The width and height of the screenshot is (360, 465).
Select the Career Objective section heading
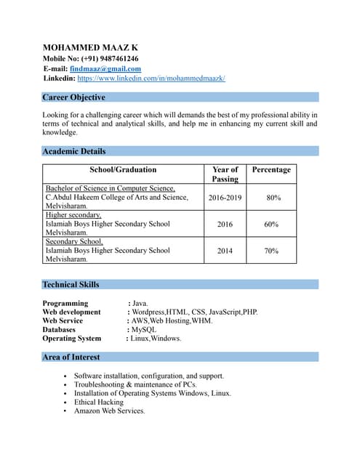pos(73,97)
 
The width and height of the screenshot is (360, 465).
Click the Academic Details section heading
pos(73,151)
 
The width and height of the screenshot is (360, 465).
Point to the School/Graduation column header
pos(122,170)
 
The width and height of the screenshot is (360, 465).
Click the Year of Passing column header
pos(225,174)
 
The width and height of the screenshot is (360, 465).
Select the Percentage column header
pos(271,170)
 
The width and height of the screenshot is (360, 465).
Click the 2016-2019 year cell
pos(225,198)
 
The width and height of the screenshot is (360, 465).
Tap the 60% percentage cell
pos(271,225)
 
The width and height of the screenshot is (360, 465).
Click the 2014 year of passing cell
pos(225,251)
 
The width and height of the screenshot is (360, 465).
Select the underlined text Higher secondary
pos(73,216)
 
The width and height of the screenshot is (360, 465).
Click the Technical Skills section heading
pos(71,284)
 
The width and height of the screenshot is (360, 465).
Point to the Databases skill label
pos(59,329)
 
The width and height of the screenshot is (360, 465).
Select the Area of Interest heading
pos(71,357)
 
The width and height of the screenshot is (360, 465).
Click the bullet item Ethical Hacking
pos(99,402)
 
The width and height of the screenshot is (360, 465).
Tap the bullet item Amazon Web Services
pos(109,411)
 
